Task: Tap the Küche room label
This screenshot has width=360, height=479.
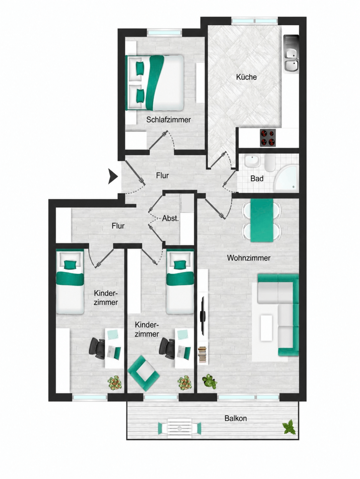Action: click(246, 77)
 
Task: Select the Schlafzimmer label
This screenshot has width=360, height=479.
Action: click(168, 120)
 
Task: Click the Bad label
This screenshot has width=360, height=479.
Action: click(257, 179)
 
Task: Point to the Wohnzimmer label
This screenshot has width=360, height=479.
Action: click(249, 258)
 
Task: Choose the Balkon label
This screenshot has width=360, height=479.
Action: click(236, 418)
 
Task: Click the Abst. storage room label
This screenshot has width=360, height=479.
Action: click(170, 218)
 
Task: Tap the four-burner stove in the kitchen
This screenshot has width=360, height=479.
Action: click(268, 138)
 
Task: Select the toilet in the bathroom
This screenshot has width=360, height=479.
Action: click(270, 163)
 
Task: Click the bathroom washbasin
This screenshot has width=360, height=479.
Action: click(252, 161)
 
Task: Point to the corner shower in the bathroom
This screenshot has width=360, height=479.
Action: click(286, 179)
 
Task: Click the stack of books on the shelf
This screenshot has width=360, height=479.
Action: click(202, 355)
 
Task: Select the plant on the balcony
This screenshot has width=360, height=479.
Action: click(289, 427)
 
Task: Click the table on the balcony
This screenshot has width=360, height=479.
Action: click(179, 428)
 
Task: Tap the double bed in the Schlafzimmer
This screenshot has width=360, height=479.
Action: click(154, 83)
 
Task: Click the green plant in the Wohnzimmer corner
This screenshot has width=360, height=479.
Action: click(209, 382)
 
